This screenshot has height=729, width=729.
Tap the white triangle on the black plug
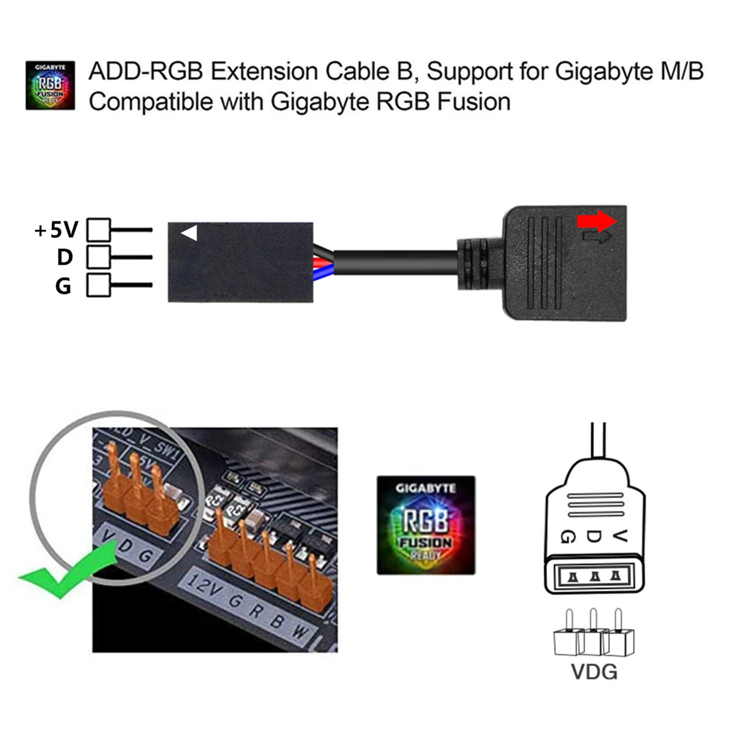(x=190, y=233)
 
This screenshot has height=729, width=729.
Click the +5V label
(x=56, y=230)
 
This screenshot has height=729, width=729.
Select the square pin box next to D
(x=98, y=257)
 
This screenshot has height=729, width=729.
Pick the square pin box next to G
(x=98, y=285)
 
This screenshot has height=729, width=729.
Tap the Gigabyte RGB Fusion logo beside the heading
(x=50, y=85)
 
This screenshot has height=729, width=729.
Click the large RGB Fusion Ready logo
(x=426, y=525)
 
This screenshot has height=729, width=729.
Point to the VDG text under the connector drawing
(x=594, y=672)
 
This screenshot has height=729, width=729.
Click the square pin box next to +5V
(x=98, y=230)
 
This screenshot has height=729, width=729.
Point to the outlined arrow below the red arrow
(x=597, y=238)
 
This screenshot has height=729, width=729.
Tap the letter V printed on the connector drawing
(x=619, y=536)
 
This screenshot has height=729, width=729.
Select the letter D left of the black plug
(x=65, y=258)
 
